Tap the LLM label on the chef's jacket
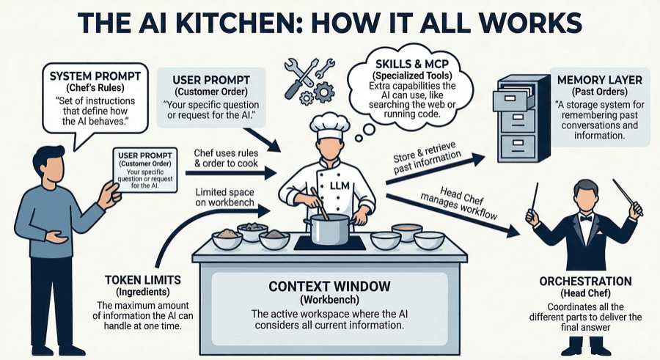click(x=340, y=185)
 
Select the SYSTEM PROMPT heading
click(x=95, y=76)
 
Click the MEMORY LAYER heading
click(x=599, y=80)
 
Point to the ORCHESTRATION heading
click(x=585, y=282)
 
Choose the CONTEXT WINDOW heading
click(x=329, y=287)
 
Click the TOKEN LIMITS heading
click(x=143, y=280)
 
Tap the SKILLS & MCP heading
click(x=412, y=65)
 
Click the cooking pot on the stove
click(x=329, y=229)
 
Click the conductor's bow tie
click(x=585, y=218)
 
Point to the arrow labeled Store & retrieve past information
click(x=436, y=169)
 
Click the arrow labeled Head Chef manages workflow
click(x=453, y=215)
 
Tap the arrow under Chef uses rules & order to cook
click(x=231, y=172)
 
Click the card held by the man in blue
click(x=145, y=170)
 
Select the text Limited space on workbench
click(x=225, y=197)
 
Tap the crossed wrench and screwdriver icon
click(x=300, y=78)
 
